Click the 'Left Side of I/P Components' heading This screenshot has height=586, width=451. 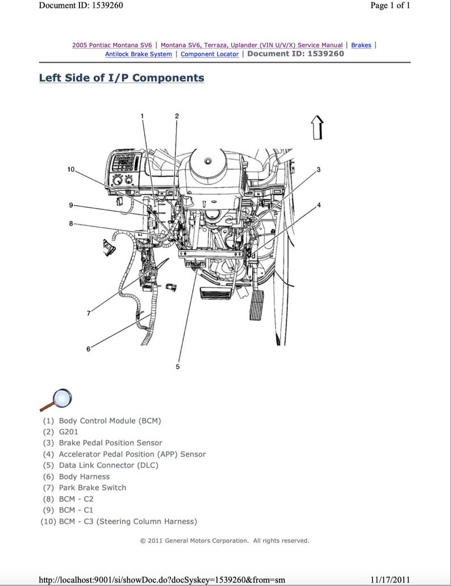coord(122,78)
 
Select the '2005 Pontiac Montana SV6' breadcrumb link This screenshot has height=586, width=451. coord(111,45)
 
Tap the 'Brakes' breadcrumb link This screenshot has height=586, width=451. coord(361,45)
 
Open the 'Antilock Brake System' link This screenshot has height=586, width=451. coord(138,54)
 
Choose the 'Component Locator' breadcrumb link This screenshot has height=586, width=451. coord(210,54)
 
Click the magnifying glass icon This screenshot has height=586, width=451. coord(56,399)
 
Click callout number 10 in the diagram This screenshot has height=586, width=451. coord(70,170)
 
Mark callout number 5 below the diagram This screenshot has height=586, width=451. coord(177,367)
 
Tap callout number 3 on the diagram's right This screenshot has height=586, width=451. coord(318,170)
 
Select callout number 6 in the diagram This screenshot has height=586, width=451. coord(88,349)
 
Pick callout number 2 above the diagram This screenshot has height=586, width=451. coord(177,116)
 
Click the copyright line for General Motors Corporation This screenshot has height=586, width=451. coord(224,540)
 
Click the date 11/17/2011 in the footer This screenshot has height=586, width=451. coord(389,580)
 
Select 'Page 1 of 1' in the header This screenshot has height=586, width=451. coord(390,6)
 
